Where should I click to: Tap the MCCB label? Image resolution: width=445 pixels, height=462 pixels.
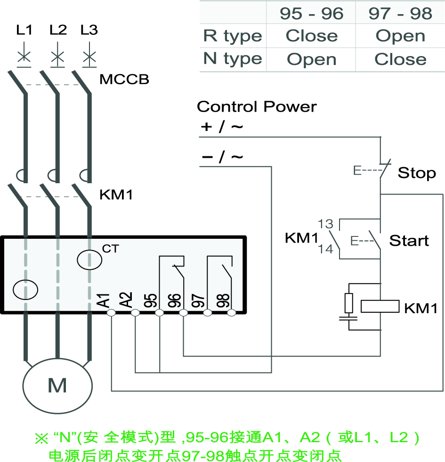(x=124, y=79)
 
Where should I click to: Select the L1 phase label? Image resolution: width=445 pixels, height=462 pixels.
(x=24, y=30)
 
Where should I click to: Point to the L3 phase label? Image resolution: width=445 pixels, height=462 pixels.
(x=89, y=30)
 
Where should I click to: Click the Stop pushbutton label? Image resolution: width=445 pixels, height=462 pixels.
(x=417, y=173)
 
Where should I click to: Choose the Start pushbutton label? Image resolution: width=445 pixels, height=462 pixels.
(x=409, y=241)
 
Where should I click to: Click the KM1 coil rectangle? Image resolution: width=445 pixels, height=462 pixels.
(x=380, y=307)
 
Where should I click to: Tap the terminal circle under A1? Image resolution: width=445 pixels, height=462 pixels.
(x=111, y=313)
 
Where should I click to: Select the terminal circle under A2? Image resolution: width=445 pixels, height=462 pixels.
(x=135, y=313)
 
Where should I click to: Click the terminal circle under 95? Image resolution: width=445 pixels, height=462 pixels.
(x=159, y=313)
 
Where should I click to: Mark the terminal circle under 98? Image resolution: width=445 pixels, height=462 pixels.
(x=231, y=313)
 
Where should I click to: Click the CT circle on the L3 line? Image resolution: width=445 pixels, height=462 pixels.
(x=89, y=259)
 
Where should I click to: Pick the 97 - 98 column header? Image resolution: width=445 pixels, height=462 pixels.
(x=400, y=14)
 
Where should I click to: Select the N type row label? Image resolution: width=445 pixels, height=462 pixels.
(x=232, y=59)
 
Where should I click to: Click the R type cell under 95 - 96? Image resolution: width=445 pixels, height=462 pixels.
(x=312, y=36)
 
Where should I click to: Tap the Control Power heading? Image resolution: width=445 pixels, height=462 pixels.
(x=257, y=106)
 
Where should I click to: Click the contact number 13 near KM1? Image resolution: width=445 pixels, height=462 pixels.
(x=325, y=223)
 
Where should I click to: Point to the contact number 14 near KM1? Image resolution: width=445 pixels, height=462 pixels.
(x=325, y=249)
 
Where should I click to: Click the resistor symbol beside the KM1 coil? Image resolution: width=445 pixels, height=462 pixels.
(x=349, y=303)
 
